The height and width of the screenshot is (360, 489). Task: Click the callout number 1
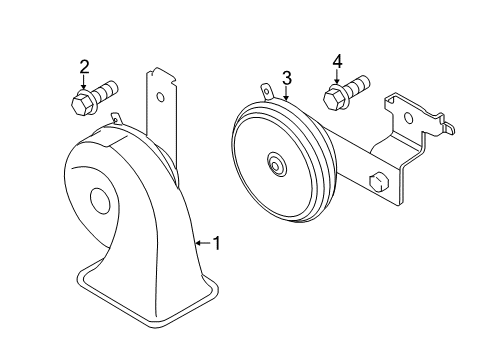tap(217, 243)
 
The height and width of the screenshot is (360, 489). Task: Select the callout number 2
tap(84, 67)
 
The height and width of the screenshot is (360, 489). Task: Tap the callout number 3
tap(287, 78)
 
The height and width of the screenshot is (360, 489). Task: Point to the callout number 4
tap(337, 62)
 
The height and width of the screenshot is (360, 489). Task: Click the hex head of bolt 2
tap(80, 103)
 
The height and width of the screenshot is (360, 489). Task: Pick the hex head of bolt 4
tap(333, 97)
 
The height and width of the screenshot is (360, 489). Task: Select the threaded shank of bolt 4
tap(356, 85)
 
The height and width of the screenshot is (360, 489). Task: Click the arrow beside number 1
tap(203, 243)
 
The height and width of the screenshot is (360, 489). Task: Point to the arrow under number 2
tap(83, 82)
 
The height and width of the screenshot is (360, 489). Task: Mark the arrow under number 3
tap(286, 93)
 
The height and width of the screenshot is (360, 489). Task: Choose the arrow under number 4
tap(336, 77)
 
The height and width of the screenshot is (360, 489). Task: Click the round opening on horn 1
tap(100, 201)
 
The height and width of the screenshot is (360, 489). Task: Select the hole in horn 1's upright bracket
tap(161, 97)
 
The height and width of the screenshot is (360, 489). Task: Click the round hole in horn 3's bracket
tap(408, 118)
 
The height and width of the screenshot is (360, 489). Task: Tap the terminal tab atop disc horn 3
tap(267, 92)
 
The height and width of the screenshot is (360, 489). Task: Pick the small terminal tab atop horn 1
tap(116, 118)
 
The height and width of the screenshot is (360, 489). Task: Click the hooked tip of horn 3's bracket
tap(448, 129)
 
